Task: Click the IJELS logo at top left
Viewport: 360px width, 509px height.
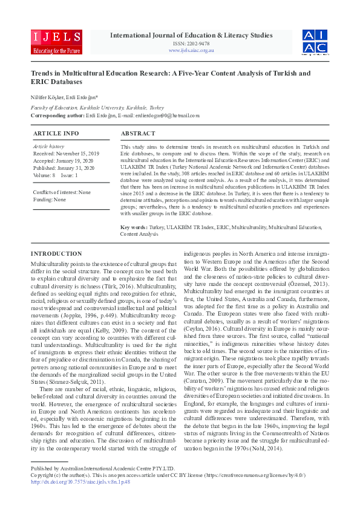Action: coord(56,41)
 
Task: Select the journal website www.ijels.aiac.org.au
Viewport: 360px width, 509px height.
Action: coord(191,50)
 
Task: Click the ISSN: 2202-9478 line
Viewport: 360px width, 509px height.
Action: coord(191,44)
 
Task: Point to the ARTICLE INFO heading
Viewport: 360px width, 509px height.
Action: coord(56,133)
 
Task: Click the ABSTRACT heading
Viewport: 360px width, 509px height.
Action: coord(138,133)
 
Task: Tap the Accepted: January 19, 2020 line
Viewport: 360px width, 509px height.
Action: coord(63,161)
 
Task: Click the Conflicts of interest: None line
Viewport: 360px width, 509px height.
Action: coord(62,192)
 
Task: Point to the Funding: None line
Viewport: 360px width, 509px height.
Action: coord(50,199)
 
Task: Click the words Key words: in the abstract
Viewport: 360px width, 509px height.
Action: coord(134,227)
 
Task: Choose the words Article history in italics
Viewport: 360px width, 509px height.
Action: coord(48,147)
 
